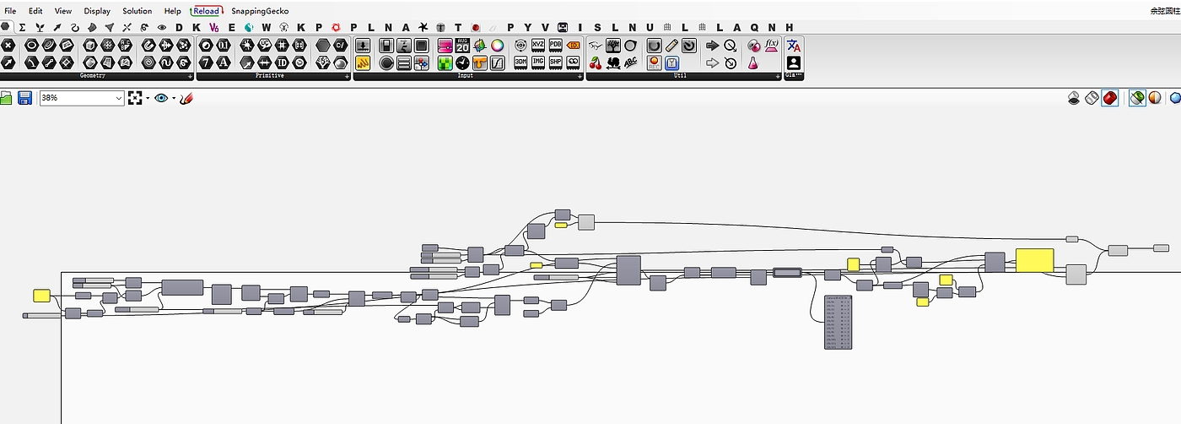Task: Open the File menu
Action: click(10, 11)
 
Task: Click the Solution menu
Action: click(137, 11)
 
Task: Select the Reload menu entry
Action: click(205, 11)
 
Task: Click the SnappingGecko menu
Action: click(260, 11)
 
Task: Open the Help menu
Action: click(172, 11)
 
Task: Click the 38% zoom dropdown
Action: click(82, 98)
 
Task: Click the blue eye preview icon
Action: click(160, 98)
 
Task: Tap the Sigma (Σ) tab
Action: click(23, 27)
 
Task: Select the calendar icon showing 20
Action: click(462, 46)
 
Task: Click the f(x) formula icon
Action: click(771, 46)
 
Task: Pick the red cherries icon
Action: click(596, 63)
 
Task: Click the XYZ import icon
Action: click(537, 46)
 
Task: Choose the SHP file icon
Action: click(556, 63)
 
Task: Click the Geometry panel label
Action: click(93, 76)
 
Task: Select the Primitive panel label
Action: click(269, 76)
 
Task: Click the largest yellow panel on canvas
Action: click(1034, 260)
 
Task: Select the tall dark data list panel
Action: click(839, 322)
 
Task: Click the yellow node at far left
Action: click(41, 296)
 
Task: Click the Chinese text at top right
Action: click(1164, 11)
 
